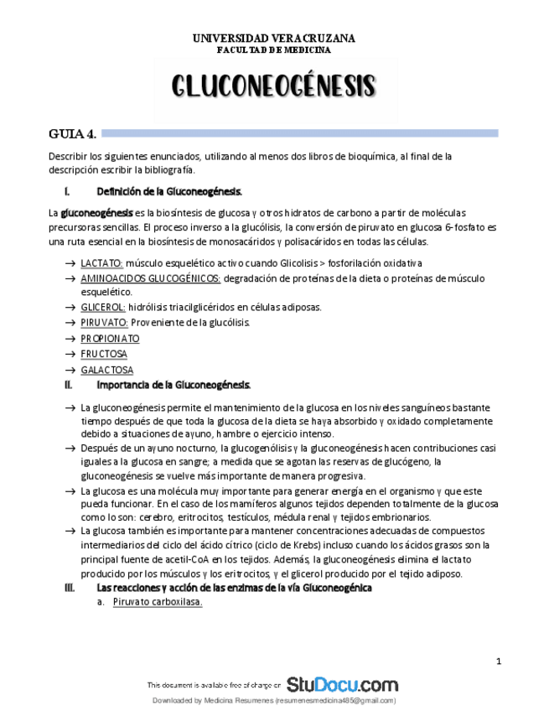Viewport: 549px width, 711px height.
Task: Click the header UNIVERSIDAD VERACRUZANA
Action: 274,39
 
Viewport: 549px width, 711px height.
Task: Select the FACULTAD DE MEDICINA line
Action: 274,49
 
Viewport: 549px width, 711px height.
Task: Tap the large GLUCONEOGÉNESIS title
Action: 274,86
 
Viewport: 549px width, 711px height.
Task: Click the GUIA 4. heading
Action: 73,133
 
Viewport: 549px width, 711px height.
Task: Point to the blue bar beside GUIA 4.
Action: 302,132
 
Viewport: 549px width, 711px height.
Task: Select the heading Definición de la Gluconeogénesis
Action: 170,191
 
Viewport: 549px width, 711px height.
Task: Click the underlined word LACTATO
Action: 101,263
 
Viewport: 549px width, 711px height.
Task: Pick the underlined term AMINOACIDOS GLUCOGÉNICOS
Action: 151,278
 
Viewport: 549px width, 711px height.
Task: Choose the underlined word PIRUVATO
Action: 104,323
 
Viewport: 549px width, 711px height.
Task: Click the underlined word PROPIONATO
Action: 110,338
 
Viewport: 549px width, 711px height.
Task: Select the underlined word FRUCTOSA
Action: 104,354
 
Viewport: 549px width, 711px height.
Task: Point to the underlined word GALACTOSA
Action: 106,369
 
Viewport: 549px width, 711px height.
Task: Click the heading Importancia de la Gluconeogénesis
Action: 174,384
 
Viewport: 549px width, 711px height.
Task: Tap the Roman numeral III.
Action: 70,588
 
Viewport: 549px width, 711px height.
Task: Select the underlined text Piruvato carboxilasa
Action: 158,603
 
